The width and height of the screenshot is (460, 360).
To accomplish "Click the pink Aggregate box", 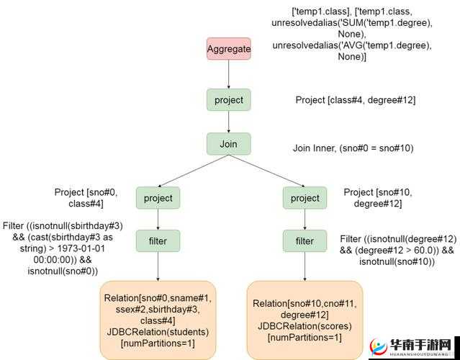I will (229, 49).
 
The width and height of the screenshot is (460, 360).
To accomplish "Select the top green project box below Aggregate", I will (229, 100).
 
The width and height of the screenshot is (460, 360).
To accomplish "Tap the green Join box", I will (229, 144).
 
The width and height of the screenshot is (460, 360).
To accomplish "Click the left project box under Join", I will (158, 198).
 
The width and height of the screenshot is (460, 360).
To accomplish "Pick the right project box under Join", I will (305, 198).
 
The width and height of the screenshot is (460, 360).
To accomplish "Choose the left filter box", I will (158, 240).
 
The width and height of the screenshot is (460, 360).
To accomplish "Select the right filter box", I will (305, 240).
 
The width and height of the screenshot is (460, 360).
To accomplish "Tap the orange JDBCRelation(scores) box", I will (304, 320).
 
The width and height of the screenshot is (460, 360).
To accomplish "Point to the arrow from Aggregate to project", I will (229, 74).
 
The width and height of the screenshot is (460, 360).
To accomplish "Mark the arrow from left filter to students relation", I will (158, 266).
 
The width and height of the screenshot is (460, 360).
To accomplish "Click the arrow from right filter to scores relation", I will (305, 266).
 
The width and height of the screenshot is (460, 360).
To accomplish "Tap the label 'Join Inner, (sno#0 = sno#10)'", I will (353, 148).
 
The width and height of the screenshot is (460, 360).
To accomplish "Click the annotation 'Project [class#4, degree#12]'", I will (355, 100).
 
